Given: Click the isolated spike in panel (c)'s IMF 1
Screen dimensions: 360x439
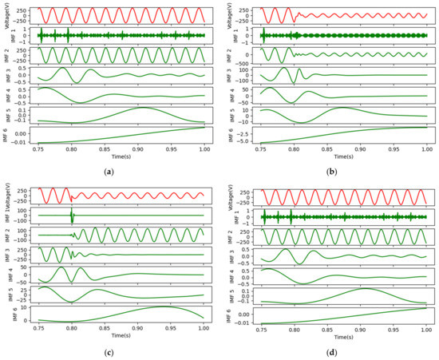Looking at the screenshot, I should pyautogui.click(x=72, y=216).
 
